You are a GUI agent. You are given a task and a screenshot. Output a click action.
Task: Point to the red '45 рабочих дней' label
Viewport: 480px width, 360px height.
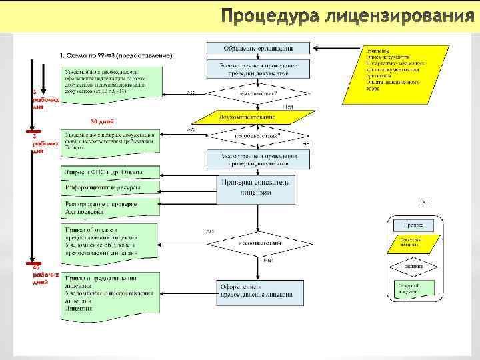click(x=42, y=274)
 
